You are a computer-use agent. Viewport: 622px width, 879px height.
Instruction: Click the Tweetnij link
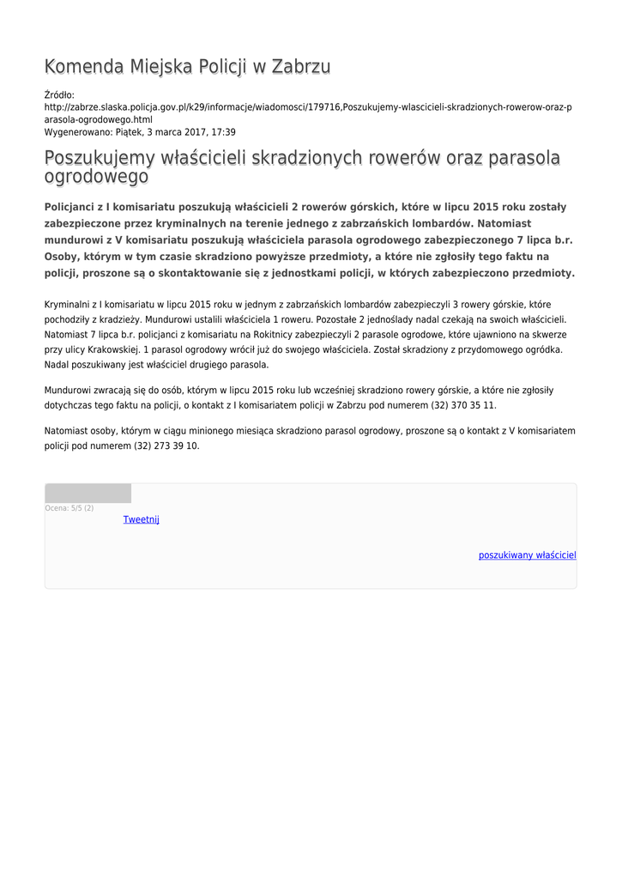pos(141,519)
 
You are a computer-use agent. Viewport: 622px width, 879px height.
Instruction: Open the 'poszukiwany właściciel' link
pos(527,555)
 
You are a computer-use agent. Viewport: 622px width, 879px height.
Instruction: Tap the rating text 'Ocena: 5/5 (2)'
pos(69,508)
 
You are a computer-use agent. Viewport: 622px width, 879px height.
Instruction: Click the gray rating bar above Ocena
pos(88,493)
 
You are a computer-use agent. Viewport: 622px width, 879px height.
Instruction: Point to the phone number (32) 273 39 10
pos(166,446)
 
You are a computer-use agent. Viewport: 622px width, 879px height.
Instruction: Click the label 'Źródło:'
pos(59,95)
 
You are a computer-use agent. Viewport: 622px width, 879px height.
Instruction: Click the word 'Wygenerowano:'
pos(76,132)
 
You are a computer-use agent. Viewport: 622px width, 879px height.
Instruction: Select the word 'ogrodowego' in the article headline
pos(96,177)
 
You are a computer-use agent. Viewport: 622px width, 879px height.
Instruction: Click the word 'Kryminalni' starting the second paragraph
pos(70,305)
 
